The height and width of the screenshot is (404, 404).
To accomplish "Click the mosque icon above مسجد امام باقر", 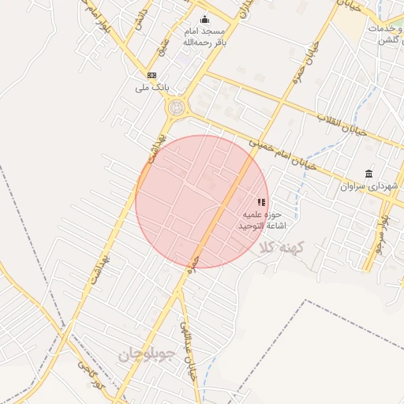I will click(x=205, y=20).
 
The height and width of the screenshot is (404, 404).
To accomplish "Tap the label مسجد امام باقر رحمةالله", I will click(x=204, y=36).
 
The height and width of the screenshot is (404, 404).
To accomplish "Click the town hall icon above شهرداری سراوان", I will click(x=368, y=174).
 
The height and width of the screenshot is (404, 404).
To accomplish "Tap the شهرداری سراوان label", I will click(x=366, y=187).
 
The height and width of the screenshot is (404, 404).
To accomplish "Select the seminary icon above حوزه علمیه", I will click(x=261, y=202).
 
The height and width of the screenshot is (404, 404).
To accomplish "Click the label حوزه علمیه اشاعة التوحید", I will click(x=257, y=220).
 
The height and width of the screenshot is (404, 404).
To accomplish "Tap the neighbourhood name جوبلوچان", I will click(x=150, y=355).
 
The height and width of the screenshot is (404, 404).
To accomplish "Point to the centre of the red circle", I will click(x=202, y=201).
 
